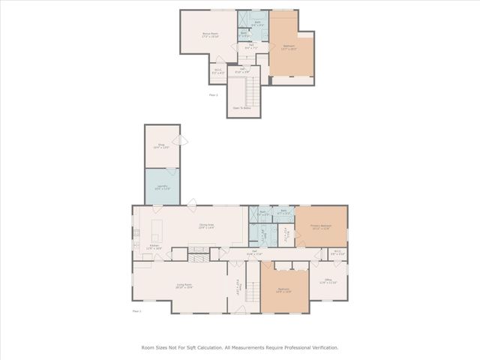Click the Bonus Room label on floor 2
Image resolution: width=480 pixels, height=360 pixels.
click(x=209, y=34)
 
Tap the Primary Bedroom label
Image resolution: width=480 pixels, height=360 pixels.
click(x=321, y=228)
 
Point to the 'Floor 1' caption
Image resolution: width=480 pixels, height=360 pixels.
click(x=136, y=310)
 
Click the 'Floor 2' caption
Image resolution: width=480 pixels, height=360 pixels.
click(x=214, y=95)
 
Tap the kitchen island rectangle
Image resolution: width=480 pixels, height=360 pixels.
click(x=158, y=227)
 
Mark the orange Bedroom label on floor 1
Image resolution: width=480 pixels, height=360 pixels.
click(x=283, y=290)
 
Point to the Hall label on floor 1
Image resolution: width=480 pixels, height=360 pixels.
click(x=255, y=252)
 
